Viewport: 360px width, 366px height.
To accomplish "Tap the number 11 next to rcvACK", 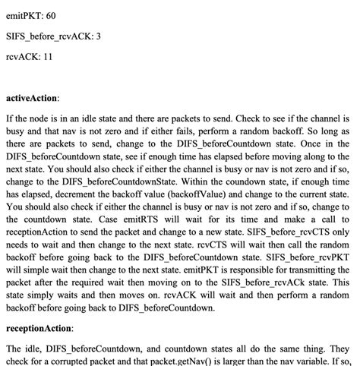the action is (48, 57).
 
